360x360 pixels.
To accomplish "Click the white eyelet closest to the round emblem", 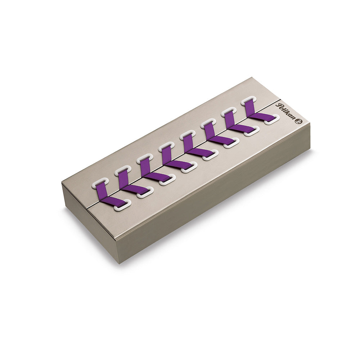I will (271, 119).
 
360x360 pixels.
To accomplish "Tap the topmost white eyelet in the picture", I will (248, 101).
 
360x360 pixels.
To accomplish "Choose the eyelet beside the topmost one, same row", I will (229, 112).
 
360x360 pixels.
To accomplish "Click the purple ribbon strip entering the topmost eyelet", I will (251, 108).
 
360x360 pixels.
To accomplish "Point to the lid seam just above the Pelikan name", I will (279, 99).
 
